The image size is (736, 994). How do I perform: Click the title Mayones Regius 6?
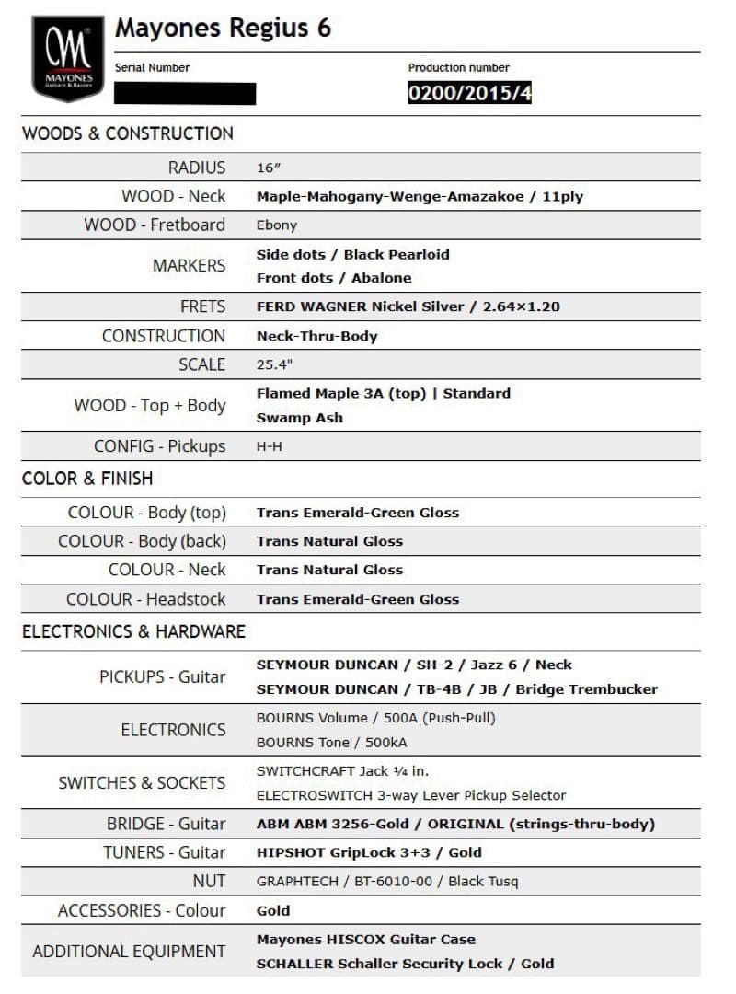pyautogui.click(x=223, y=29)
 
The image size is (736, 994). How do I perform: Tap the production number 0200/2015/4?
pyautogui.click(x=469, y=93)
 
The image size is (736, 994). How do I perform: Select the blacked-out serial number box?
pyautogui.click(x=185, y=93)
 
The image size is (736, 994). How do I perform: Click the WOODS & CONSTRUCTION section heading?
pyautogui.click(x=128, y=133)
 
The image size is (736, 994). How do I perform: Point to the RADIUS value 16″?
pyautogui.click(x=268, y=168)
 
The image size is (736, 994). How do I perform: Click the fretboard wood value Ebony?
pyautogui.click(x=277, y=225)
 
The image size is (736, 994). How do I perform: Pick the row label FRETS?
pyautogui.click(x=202, y=306)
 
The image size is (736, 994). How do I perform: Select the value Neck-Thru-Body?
pyautogui.click(x=316, y=336)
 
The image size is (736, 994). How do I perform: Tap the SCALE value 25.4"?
pyautogui.click(x=274, y=364)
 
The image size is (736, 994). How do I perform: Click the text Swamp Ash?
pyautogui.click(x=300, y=417)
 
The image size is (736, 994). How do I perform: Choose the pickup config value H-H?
pyautogui.click(x=270, y=446)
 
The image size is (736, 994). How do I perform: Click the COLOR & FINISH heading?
pyautogui.click(x=87, y=479)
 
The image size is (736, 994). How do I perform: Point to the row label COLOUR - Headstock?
pyautogui.click(x=145, y=599)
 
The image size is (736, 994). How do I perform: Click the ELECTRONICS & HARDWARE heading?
pyautogui.click(x=133, y=631)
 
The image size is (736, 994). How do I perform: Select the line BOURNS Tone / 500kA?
pyautogui.click(x=331, y=742)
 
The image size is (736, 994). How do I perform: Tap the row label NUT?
pyautogui.click(x=209, y=881)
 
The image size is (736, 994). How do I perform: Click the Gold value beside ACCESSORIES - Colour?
pyautogui.click(x=273, y=910)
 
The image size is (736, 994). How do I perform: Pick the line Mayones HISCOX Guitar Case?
pyautogui.click(x=366, y=940)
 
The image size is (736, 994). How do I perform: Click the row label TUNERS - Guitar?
pyautogui.click(x=164, y=852)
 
